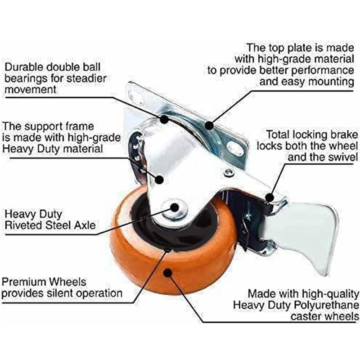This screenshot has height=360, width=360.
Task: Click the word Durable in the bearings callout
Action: pos(24,67)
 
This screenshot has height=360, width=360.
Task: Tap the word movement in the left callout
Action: pos(31,89)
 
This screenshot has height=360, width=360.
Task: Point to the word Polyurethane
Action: pos(327,306)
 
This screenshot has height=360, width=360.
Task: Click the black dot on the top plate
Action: pos(209,126)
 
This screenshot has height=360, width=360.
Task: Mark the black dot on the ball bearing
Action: pos(164,119)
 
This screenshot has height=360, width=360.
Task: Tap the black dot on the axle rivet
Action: pos(175,207)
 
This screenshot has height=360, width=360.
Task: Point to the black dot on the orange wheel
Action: pos(168,273)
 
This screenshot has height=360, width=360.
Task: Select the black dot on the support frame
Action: pos(159,179)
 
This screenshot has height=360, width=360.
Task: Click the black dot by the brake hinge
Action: pos(270,198)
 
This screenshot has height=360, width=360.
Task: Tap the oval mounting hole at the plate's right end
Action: pos(234,149)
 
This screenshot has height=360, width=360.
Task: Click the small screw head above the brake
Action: pos(229,172)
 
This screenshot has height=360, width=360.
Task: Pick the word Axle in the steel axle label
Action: pos(85,225)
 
